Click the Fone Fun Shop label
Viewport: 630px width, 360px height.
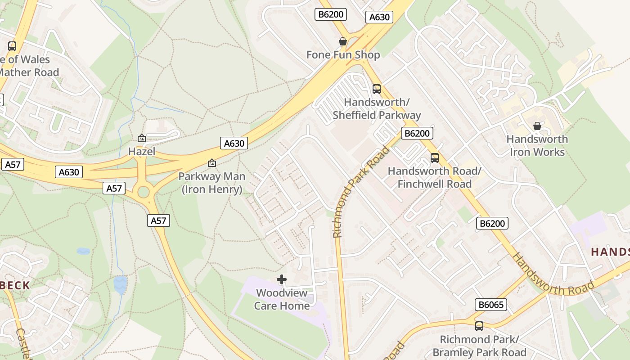343,55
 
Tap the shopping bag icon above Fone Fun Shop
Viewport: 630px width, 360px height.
343,41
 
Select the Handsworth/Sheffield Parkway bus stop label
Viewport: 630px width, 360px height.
377,109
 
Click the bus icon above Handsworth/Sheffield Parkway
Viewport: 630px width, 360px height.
377,89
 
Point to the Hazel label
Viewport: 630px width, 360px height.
142,152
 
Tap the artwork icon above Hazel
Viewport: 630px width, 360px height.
142,138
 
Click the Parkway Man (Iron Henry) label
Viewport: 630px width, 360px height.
212,183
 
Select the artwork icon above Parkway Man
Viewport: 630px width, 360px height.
212,163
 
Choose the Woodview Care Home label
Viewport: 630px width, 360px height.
282,299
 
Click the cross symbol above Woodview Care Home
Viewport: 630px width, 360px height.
282,279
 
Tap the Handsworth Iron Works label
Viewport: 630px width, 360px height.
537,145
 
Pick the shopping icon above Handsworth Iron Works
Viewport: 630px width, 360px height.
537,126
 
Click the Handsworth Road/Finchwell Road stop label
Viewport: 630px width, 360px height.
434,177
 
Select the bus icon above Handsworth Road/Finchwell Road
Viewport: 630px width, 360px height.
434,158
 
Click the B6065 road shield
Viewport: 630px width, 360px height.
491,305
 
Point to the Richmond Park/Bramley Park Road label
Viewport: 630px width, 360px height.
479,346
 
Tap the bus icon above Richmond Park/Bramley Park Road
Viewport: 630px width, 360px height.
479,326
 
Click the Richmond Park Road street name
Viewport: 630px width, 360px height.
361,193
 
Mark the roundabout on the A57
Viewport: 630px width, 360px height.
144,192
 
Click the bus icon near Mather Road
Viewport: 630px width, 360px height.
12,46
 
